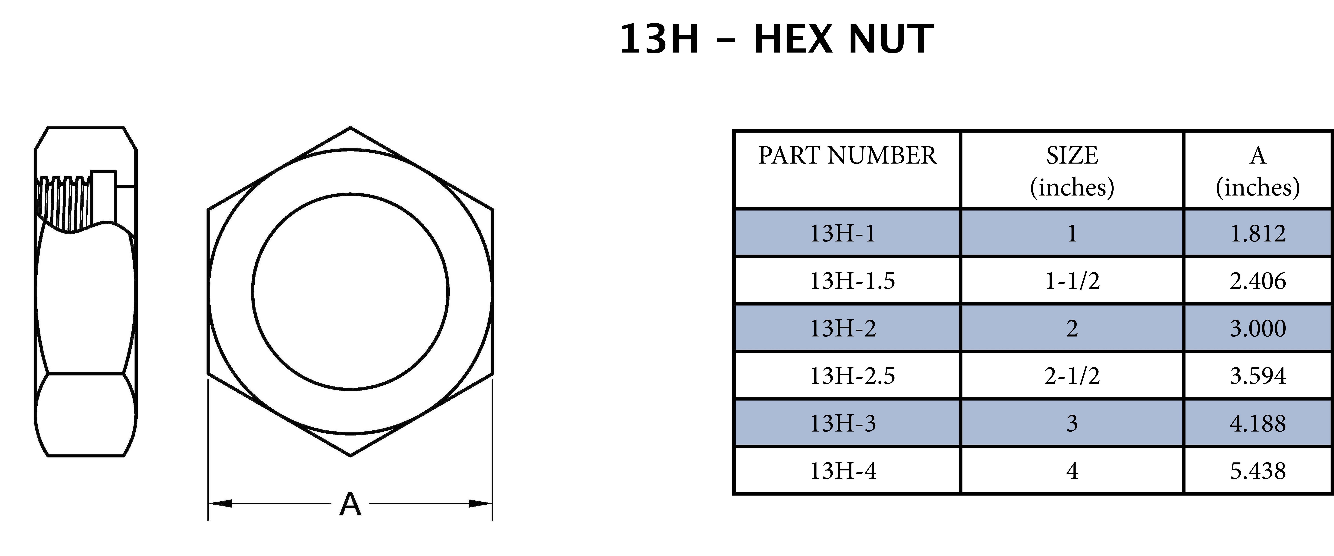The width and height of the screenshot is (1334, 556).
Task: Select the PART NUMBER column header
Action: (x=847, y=155)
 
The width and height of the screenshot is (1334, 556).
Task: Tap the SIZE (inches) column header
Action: (x=1072, y=171)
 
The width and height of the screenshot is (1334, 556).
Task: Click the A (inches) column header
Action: (x=1258, y=171)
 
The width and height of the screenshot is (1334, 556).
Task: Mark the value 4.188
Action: (x=1258, y=423)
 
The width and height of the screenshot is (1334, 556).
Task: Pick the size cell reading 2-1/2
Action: (x=1072, y=376)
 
